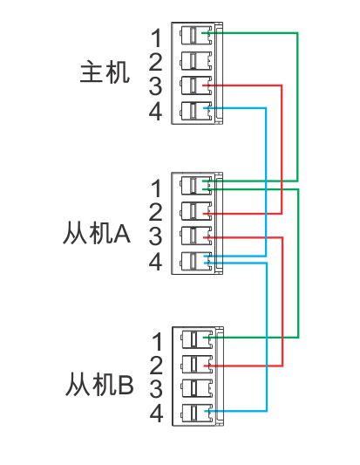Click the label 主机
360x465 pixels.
(x=105, y=72)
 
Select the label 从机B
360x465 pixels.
(x=99, y=385)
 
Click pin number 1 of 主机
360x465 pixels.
(x=157, y=38)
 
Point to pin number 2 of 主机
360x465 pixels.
(x=156, y=62)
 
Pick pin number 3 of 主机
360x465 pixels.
(x=156, y=86)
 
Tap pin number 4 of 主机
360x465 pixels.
(x=155, y=111)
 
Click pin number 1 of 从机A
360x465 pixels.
(x=157, y=188)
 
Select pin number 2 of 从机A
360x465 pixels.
(x=156, y=212)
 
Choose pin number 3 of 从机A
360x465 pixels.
(x=156, y=236)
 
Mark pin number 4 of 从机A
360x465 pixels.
(x=155, y=261)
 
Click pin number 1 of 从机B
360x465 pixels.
(x=157, y=342)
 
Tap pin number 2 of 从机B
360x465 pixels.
(x=156, y=366)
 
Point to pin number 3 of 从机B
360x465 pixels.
(x=156, y=389)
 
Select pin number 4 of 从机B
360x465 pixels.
(x=156, y=414)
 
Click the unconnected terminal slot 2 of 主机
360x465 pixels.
(x=196, y=61)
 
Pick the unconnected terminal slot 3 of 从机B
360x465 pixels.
(x=197, y=388)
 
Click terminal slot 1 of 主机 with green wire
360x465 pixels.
(x=196, y=36)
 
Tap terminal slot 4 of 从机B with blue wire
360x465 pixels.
(x=197, y=414)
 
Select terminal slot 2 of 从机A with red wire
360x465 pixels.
(x=196, y=211)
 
